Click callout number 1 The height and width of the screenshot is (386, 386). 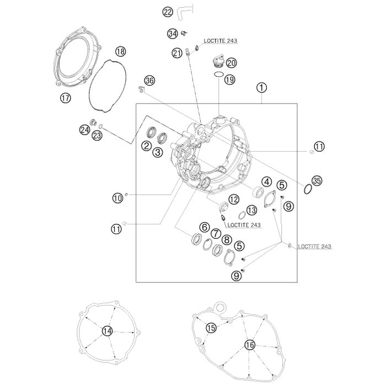point(261,88)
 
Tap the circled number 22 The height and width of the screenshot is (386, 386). point(168,12)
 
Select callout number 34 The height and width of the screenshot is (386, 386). point(173,34)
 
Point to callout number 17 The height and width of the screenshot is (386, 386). point(66,99)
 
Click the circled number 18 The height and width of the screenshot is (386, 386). point(120,52)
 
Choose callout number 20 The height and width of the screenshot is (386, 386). point(231,62)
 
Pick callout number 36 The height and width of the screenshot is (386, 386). point(150,81)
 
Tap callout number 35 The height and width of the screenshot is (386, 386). point(316,180)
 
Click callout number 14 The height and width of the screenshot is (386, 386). point(107,331)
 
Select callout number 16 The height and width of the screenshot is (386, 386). point(250,345)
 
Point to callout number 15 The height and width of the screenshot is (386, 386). point(211,328)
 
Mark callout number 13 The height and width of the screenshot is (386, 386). point(251,210)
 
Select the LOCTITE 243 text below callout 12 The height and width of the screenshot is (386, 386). point(244,225)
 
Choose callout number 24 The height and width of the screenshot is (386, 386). point(84,130)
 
